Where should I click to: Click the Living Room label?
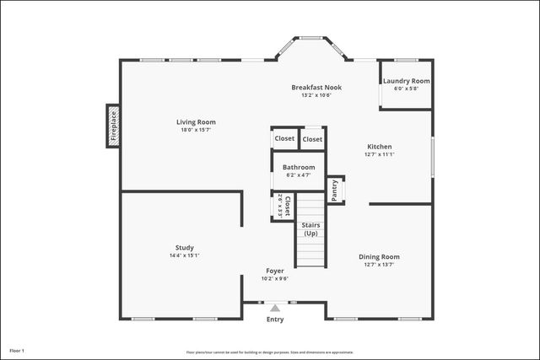click(196, 122)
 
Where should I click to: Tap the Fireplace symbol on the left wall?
click(112, 126)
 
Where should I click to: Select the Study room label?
click(185, 247)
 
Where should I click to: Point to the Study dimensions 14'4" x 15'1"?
click(185, 255)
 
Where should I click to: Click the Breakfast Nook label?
click(316, 87)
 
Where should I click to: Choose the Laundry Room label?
click(407, 81)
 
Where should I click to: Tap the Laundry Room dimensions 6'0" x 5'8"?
click(407, 89)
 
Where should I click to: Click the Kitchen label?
click(379, 146)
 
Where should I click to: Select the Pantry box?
click(335, 191)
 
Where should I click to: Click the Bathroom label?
click(299, 167)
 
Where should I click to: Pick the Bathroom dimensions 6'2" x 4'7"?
click(299, 175)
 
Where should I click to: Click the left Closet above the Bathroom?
click(284, 138)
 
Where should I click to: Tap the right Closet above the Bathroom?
click(312, 138)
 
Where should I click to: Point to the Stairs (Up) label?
click(310, 229)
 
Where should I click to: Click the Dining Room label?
click(380, 256)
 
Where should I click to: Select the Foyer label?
click(275, 271)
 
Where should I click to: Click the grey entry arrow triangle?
click(275, 309)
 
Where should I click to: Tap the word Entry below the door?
click(275, 320)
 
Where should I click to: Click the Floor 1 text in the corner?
click(18, 350)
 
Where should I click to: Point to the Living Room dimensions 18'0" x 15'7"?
click(196, 131)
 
